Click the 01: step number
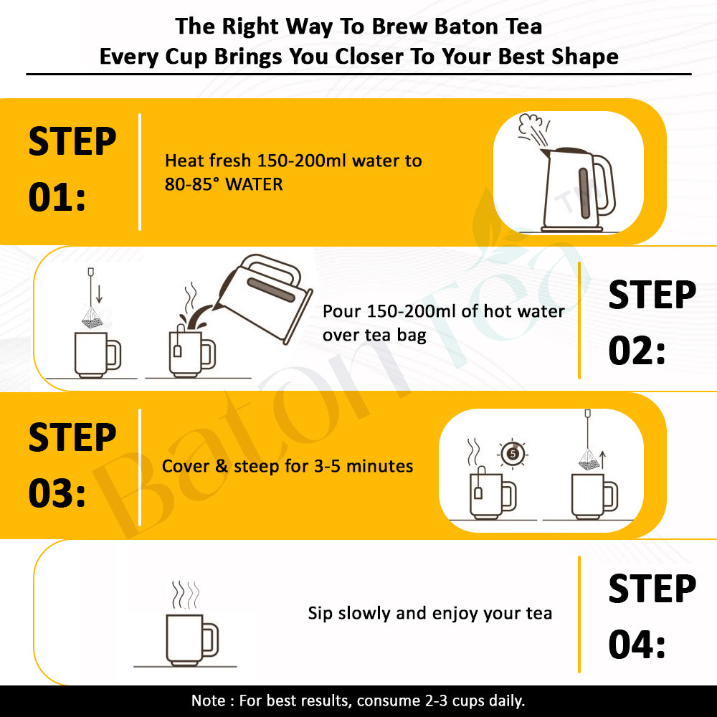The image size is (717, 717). click(57, 197)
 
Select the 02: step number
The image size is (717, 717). click(637, 351)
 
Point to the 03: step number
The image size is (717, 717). click(57, 493)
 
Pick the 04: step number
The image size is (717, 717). click(637, 644)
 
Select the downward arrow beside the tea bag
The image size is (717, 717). click(99, 293)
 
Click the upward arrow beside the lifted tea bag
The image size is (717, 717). click(602, 460)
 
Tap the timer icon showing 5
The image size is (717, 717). click(513, 454)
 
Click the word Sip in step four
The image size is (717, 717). click(320, 614)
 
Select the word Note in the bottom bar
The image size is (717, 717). click(208, 701)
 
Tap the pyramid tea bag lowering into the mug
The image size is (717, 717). click(92, 318)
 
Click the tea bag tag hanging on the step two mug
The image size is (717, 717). click(177, 351)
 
